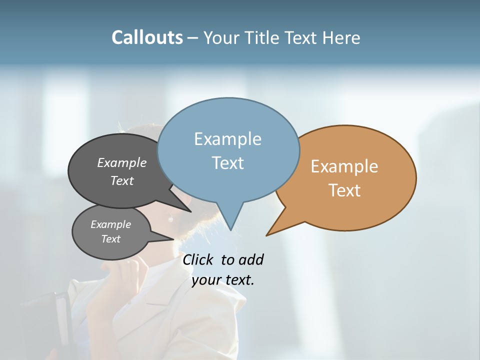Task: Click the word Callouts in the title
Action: click(x=147, y=37)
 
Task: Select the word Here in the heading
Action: click(x=341, y=38)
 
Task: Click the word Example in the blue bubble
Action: click(x=227, y=139)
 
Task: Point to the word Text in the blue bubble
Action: click(x=227, y=163)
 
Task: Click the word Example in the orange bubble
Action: click(x=344, y=166)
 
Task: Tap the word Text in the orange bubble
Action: click(x=344, y=190)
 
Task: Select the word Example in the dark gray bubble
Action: click(x=122, y=162)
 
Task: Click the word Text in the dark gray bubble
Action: click(x=122, y=180)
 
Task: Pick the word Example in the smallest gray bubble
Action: click(x=110, y=224)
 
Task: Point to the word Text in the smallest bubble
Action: click(x=110, y=239)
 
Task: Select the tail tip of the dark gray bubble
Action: click(x=190, y=211)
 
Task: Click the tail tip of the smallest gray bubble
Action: click(x=173, y=239)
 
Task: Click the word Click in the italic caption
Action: click(x=198, y=259)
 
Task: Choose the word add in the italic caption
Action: click(x=250, y=259)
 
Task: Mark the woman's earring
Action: click(x=170, y=218)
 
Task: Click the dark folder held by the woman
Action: click(x=47, y=320)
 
